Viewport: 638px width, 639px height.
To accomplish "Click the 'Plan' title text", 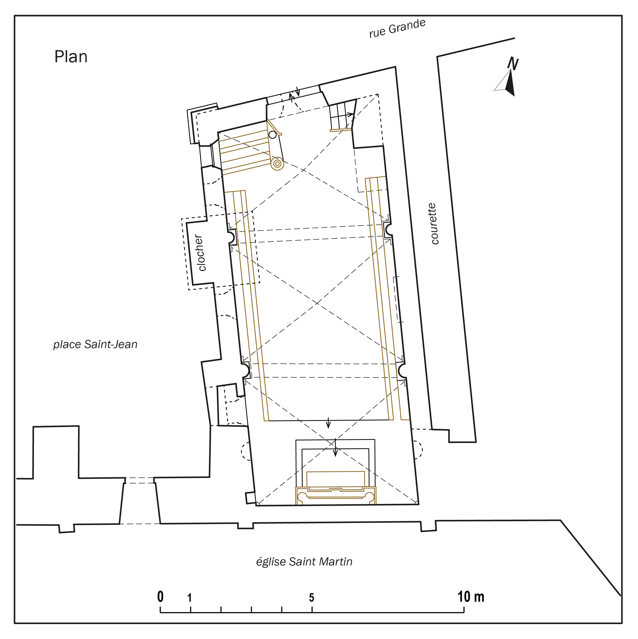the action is [x=71, y=57].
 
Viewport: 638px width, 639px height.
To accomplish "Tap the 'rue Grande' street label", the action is [x=397, y=29].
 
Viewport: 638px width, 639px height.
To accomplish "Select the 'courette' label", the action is [x=433, y=224].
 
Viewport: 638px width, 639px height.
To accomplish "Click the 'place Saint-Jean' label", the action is [x=95, y=344].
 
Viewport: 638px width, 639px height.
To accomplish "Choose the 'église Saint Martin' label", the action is [x=304, y=562].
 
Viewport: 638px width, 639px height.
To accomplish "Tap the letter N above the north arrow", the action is [x=513, y=63].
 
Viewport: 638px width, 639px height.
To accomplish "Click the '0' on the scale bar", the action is [x=160, y=597].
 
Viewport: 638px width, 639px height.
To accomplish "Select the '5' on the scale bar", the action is [x=311, y=598].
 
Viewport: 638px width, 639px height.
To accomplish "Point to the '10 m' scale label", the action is [x=471, y=597].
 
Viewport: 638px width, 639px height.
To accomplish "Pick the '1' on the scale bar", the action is [x=190, y=598].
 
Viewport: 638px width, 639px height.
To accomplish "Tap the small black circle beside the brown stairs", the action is [x=272, y=135].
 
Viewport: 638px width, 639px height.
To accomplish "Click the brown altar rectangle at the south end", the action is [x=336, y=479].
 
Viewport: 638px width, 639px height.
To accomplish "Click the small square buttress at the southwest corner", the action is [x=250, y=498].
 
